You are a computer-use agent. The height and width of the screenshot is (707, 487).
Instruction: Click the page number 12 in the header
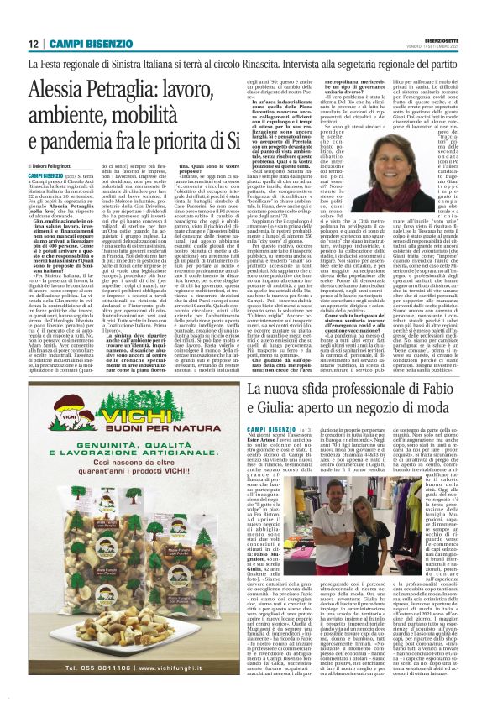click(x=32, y=43)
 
